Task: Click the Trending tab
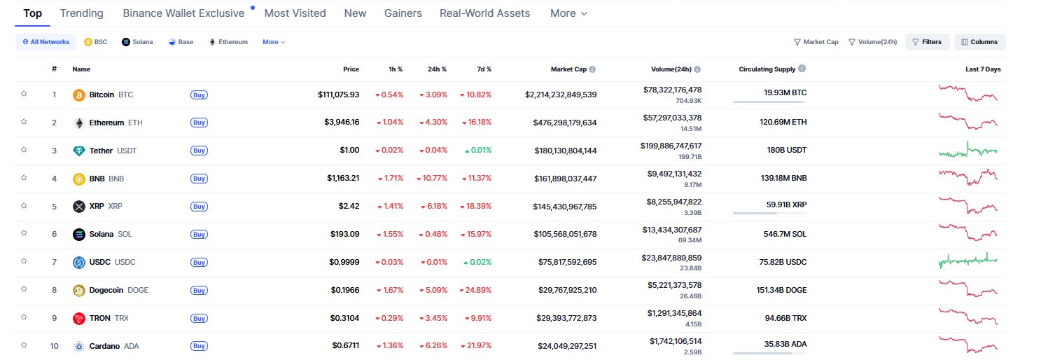81,13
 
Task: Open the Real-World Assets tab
484,13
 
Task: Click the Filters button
927,42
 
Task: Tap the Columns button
979,42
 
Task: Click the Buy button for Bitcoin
199,95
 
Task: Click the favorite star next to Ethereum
24,122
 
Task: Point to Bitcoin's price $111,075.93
338,95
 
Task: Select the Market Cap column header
568,69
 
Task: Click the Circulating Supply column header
767,69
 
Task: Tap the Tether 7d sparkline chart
967,151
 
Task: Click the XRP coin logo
79,207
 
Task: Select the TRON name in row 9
99,318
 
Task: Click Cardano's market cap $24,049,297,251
557,346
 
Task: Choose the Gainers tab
403,13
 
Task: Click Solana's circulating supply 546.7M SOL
785,234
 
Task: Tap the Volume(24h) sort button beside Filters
872,42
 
